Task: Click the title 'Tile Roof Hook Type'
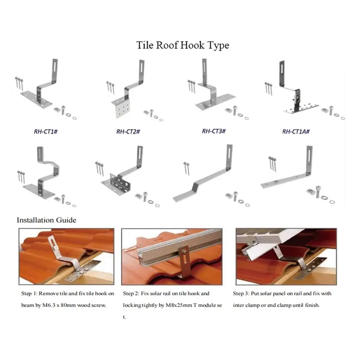point(183,45)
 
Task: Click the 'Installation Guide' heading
point(46,220)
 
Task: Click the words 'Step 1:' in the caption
point(31,293)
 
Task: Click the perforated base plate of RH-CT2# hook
point(121,108)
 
